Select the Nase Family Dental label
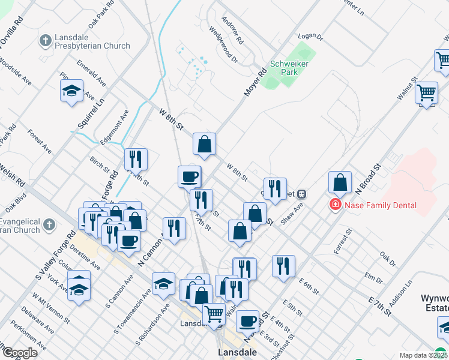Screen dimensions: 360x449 click(381, 205)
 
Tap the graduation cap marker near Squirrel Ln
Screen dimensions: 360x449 click(71, 92)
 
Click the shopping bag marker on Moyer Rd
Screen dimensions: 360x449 click(205, 144)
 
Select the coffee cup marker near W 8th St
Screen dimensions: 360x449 click(190, 176)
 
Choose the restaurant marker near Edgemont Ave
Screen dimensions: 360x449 click(136, 159)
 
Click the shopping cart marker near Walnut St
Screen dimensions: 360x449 click(426, 93)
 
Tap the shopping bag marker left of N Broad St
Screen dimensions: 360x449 click(340, 182)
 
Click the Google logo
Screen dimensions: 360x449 click(19, 353)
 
